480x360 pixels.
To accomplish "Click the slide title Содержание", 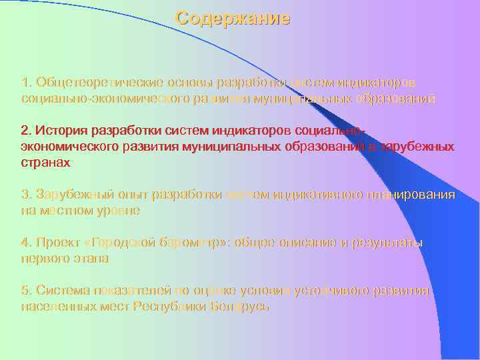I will tap(233, 18).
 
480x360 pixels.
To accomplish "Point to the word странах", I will tap(46, 161).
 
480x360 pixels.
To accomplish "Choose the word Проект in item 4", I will tap(57, 243).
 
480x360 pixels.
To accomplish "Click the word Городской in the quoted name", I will tap(127, 243).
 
